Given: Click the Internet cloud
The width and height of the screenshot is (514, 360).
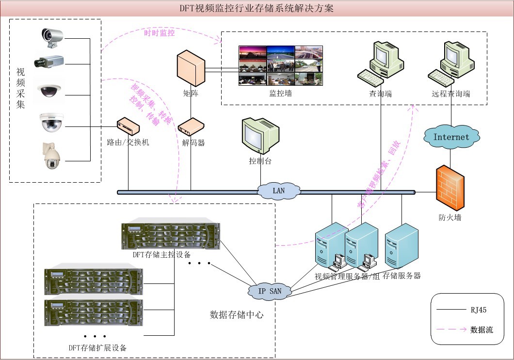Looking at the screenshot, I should coord(451,137).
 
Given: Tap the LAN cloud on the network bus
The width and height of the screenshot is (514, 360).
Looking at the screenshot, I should coord(279,190).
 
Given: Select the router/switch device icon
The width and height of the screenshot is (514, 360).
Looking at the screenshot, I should coord(128,127).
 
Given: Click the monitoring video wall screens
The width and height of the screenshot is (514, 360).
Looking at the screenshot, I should coord(280,65).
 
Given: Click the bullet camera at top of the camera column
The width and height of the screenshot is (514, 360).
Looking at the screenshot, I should coord(52,37).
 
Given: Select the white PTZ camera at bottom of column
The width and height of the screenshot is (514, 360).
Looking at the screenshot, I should coord(50,156).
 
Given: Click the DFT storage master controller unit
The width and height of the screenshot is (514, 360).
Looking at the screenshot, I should coord(171,236).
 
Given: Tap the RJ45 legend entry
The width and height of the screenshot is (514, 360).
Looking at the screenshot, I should coord(478,309).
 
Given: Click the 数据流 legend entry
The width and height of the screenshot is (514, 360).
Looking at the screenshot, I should coord(482,330).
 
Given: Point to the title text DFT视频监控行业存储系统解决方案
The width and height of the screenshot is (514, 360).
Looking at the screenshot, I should coord(257,9).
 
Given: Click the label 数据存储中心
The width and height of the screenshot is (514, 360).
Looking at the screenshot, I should coord(237,314).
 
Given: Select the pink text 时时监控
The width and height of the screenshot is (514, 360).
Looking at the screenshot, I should coord(160,33).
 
